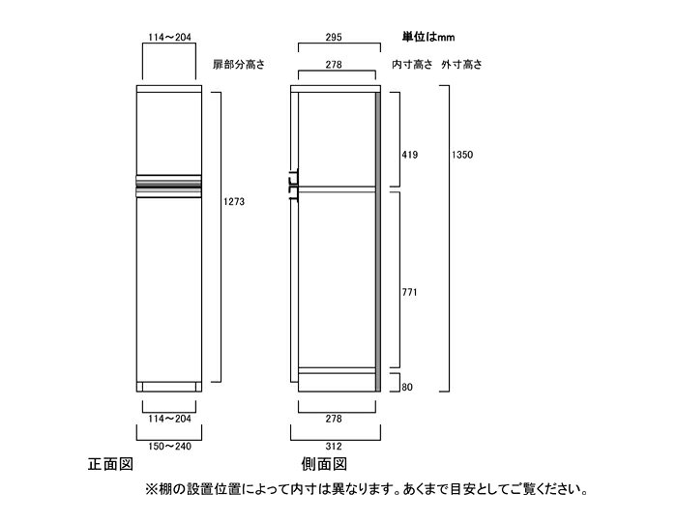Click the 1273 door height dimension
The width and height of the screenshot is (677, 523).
(234, 201)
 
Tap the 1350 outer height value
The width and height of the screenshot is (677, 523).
(462, 155)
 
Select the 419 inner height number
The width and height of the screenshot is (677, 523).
(409, 155)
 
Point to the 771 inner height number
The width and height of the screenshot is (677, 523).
(409, 292)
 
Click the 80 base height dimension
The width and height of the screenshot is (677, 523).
(407, 387)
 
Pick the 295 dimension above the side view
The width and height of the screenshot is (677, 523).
(334, 37)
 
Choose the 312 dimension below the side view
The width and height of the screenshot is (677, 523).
(334, 447)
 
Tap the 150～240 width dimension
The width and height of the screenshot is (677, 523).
(169, 447)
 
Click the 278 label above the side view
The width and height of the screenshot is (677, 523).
(334, 65)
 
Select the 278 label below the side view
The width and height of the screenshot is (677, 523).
(334, 419)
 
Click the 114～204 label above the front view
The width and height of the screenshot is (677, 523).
(169, 37)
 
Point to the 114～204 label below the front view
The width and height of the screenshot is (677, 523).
(169, 419)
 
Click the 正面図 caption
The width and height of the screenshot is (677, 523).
(110, 464)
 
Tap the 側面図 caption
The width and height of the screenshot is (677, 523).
(324, 464)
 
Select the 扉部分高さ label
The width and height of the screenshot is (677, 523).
(239, 65)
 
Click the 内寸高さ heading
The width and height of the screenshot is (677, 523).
(412, 65)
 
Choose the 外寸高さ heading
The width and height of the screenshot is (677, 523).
(461, 65)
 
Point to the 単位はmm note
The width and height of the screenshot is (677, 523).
(428, 37)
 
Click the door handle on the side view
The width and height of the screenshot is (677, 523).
(293, 184)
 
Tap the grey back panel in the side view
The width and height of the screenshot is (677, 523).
(378, 242)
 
